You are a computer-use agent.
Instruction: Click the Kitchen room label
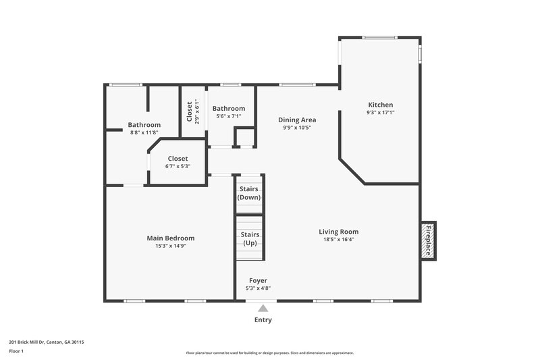pos(380,105)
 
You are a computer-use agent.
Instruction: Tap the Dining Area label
pos(297,120)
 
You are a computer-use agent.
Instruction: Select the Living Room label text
pos(338,232)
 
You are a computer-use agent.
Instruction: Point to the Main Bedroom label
pos(171,238)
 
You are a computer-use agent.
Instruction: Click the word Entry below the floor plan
pos(263,320)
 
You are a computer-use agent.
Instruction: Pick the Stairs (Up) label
pos(249,238)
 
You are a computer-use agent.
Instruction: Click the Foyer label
pos(258,280)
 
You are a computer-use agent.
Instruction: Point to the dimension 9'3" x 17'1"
pos(380,113)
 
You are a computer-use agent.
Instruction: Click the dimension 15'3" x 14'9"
pos(171,246)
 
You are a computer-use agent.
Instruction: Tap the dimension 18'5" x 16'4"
pos(338,239)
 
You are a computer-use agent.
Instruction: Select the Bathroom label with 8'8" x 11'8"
pos(144,124)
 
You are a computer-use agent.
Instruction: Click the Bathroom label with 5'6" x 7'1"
pos(229,108)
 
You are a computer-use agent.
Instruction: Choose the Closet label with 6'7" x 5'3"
pos(178,159)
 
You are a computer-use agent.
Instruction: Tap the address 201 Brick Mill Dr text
pos(47,342)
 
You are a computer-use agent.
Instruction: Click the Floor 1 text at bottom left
pos(16,351)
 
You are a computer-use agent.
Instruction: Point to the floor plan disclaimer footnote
pos(269,353)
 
